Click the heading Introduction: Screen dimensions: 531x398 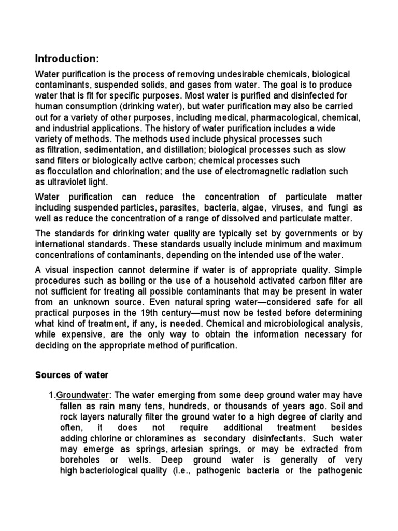pyautogui.click(x=66, y=58)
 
